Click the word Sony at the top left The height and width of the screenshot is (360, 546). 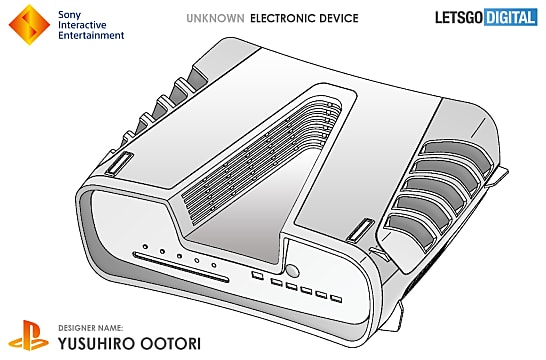pos(72,12)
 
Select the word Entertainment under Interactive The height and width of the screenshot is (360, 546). pos(93,35)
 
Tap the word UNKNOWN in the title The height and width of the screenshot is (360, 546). pos(213,18)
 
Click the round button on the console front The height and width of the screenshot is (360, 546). pos(293,271)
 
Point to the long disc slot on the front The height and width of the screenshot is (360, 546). pos(184,267)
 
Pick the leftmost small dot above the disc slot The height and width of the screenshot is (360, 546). pos(145,246)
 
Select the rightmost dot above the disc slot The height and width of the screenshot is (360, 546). pos(214,262)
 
